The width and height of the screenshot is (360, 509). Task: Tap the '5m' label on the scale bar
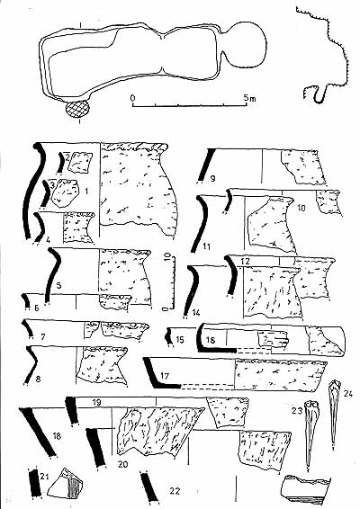pos(250,98)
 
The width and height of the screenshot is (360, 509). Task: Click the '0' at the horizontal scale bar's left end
pos(132,98)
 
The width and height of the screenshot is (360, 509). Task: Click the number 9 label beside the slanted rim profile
pos(212,178)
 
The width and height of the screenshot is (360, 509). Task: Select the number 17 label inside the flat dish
pos(165,376)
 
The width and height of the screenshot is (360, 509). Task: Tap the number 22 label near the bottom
pos(175,491)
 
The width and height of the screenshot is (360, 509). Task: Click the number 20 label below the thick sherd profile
pos(123,465)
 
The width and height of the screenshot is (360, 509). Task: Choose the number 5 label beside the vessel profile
pos(58,285)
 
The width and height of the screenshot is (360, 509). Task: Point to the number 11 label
pos(206,246)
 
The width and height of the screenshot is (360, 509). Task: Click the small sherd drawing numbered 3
pos(67,193)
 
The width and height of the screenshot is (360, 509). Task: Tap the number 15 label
pos(180,340)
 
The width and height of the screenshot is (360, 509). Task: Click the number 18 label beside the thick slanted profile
pos(57,435)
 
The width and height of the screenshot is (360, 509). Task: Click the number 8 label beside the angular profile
pos(39,379)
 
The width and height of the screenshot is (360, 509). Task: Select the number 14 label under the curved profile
pos(196,313)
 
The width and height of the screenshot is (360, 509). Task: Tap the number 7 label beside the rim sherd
pos(43,337)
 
